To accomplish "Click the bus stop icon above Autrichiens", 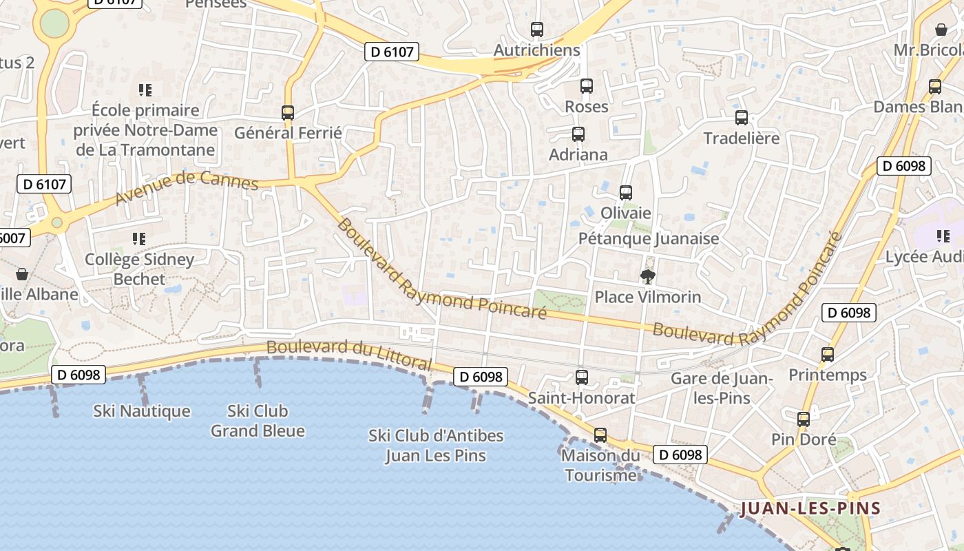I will [537, 30].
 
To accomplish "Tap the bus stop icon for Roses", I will [587, 86].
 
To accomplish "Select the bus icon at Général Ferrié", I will [288, 112].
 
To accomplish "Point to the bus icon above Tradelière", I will [742, 118].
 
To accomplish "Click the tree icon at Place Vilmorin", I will [647, 277].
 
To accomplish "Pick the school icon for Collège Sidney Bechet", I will [139, 239].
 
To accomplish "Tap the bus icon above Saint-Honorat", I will [582, 377].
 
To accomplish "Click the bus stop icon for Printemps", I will [828, 355].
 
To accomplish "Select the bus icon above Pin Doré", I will [804, 419].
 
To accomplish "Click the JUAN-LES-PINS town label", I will [810, 509].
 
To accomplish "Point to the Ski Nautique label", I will [142, 411].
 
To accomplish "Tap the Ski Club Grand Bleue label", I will [258, 421].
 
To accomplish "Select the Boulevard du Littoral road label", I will [349, 354].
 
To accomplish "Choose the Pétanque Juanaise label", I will [649, 238].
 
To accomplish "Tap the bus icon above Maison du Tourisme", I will [600, 435].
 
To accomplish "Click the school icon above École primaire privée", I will [145, 90].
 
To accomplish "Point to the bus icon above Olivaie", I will [626, 193].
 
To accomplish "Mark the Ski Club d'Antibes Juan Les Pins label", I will [436, 446].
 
